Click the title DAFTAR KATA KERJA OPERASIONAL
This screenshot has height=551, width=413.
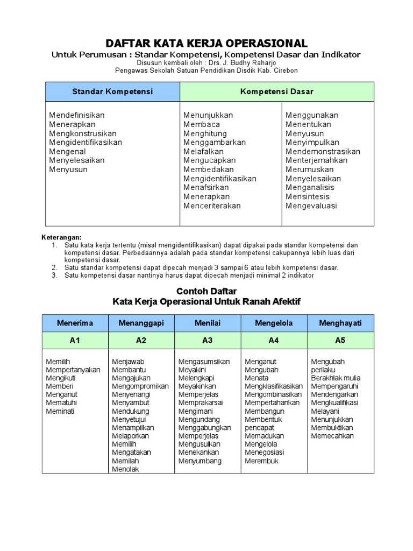click(x=206, y=44)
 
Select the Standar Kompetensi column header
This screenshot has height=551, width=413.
click(x=112, y=91)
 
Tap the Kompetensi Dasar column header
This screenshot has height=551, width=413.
click(x=276, y=91)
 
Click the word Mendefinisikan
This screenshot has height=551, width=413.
click(x=77, y=115)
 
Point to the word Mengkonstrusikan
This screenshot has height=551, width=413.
click(x=83, y=133)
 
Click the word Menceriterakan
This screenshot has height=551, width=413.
click(x=212, y=206)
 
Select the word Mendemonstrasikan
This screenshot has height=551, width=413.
click(x=323, y=152)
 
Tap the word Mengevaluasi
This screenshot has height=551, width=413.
click(x=311, y=206)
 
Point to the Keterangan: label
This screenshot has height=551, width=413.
click(x=61, y=237)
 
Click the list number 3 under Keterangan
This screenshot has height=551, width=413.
click(x=54, y=275)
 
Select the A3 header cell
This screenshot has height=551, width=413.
click(x=208, y=341)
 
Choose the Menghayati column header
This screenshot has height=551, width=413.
click(x=340, y=323)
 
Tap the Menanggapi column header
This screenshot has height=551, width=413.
click(x=141, y=323)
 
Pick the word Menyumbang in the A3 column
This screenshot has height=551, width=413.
click(x=200, y=461)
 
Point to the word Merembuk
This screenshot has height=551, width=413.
click(x=262, y=461)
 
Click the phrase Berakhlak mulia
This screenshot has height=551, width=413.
click(x=336, y=378)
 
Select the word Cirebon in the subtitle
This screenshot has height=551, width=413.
click(x=283, y=70)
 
